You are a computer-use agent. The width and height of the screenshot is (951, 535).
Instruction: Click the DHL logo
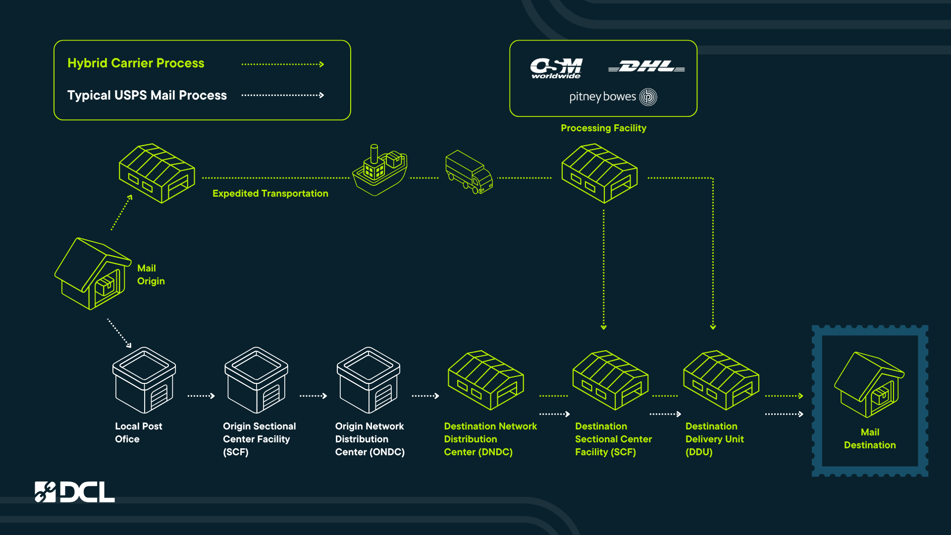point(646,66)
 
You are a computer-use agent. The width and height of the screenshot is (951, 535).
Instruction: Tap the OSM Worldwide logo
point(556,68)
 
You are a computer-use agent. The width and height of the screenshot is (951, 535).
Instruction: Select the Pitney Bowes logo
point(613,97)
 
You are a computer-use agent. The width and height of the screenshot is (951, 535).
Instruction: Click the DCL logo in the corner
point(75,492)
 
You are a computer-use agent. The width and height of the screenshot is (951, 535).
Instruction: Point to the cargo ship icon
point(380,170)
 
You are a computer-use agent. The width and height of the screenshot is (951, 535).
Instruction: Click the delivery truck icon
point(469,172)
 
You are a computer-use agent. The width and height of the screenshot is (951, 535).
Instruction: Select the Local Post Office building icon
point(144,380)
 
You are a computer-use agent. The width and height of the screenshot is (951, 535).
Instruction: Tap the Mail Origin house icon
point(93,273)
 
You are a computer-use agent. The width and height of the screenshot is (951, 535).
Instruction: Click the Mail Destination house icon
point(869,385)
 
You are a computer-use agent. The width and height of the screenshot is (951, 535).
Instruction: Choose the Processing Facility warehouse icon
point(599,173)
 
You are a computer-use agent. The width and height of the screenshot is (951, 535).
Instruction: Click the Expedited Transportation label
point(270,193)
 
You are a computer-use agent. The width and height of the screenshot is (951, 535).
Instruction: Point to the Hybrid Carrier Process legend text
point(136,63)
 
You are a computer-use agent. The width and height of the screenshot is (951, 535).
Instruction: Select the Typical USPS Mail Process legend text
point(147,95)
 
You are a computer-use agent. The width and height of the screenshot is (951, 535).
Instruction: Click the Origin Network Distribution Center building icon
point(369,380)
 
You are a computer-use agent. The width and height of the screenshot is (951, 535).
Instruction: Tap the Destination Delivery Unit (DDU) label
point(715,439)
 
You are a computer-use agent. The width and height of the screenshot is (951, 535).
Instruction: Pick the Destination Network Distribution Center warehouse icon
point(486,380)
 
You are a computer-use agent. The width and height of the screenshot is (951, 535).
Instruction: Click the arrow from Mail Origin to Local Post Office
point(119,333)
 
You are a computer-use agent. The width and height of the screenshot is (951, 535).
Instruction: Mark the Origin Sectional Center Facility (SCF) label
point(260,439)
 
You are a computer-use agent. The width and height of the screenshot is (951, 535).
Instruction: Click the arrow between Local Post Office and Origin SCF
point(201,396)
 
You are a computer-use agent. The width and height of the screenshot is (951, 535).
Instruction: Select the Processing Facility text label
point(603,128)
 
